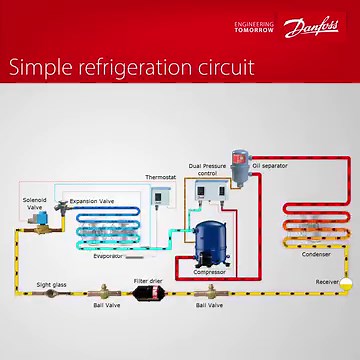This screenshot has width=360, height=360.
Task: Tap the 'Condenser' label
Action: (x=316, y=254)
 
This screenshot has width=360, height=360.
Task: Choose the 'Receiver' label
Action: (x=327, y=282)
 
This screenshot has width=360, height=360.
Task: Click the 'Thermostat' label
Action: (x=160, y=177)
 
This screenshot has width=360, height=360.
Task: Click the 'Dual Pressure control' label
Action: (x=207, y=169)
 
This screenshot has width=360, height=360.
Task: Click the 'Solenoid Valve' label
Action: (x=33, y=203)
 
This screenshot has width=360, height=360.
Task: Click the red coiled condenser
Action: (x=314, y=225)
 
